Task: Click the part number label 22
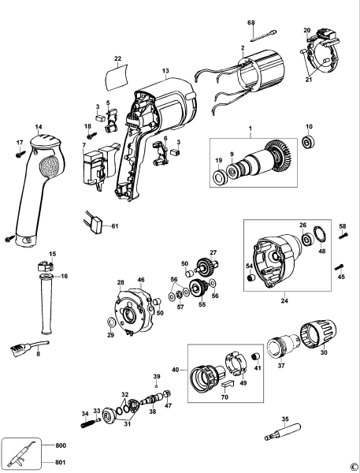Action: click(117, 58)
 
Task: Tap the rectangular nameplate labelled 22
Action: click(117, 77)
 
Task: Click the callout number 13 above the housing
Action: click(165, 72)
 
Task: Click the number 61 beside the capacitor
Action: click(114, 226)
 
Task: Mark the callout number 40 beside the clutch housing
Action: click(175, 367)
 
